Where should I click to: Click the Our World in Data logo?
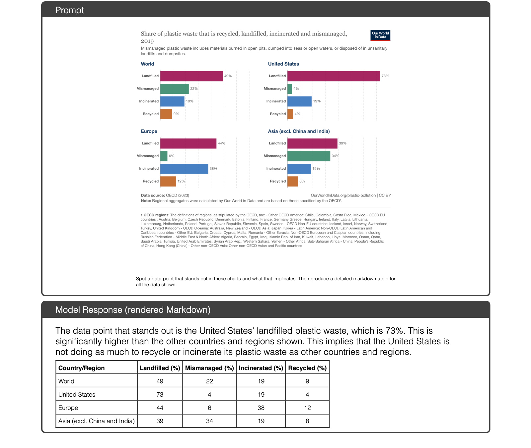(x=380, y=35)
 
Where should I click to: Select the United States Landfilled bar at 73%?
(x=334, y=76)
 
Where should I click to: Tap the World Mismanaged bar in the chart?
(x=175, y=88)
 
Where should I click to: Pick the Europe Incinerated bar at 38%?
(x=184, y=169)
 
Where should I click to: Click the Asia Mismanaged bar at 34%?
(x=309, y=156)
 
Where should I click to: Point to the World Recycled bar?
(x=166, y=114)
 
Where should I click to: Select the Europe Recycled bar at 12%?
(x=168, y=181)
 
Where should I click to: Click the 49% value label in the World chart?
(x=228, y=76)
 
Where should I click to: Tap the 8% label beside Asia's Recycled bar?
(x=302, y=181)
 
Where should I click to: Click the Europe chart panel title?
(x=149, y=131)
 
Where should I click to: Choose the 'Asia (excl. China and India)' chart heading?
(x=299, y=131)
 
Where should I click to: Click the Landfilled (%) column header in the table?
(x=160, y=368)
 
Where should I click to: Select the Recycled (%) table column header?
(x=307, y=368)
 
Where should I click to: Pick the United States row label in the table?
(x=77, y=394)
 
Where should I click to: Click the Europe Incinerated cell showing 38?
(x=261, y=408)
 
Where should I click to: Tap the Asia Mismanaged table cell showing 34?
(x=209, y=421)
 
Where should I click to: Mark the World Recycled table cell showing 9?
(x=307, y=381)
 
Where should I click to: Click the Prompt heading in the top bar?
(x=70, y=10)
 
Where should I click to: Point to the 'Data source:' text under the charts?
(x=153, y=196)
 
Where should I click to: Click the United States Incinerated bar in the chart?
(x=299, y=101)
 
